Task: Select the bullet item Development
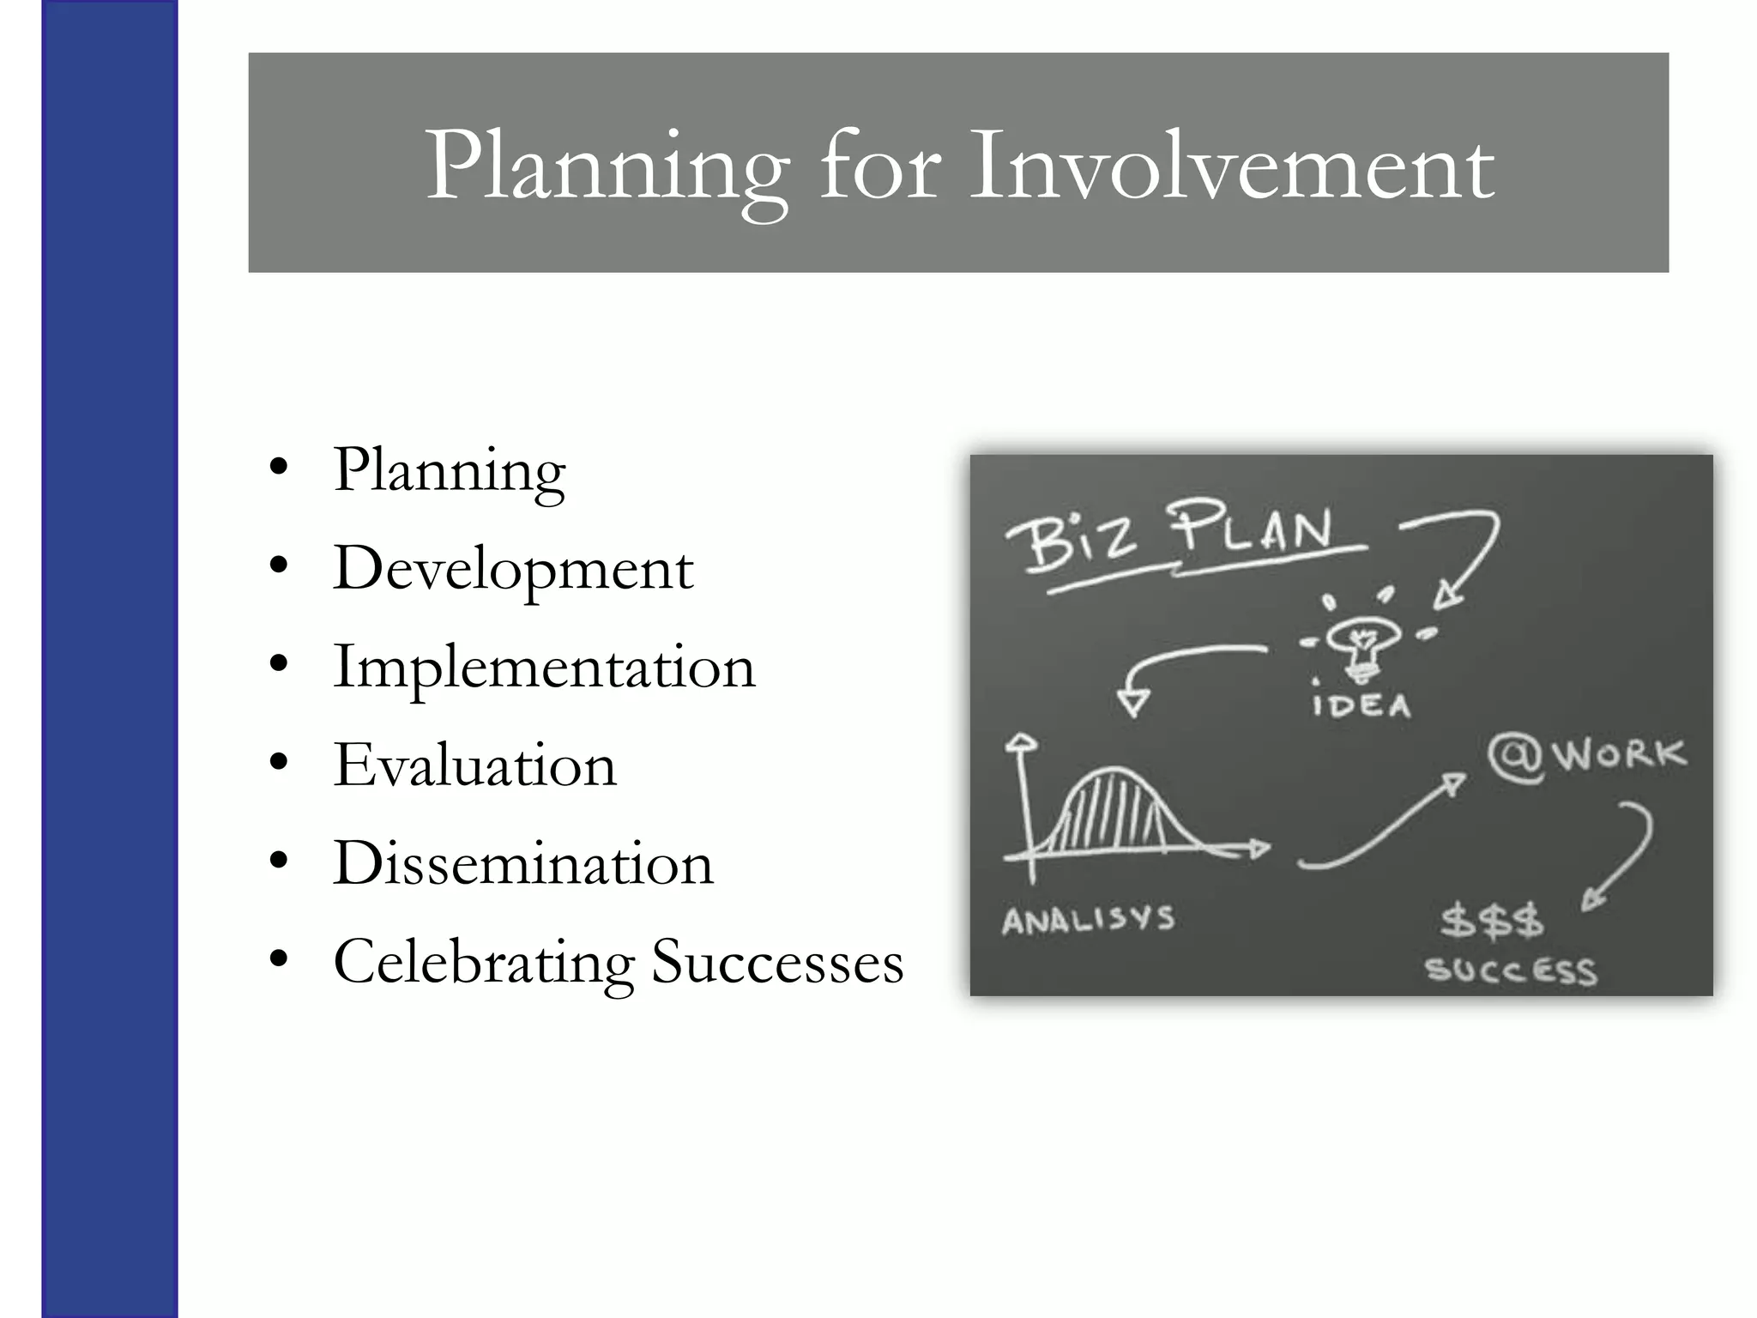[x=513, y=570]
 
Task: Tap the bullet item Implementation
[x=544, y=668]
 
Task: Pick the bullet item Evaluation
[x=474, y=765]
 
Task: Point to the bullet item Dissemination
[x=523, y=863]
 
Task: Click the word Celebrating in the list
[x=483, y=963]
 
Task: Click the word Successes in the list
[x=777, y=963]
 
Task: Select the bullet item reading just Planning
[x=450, y=471]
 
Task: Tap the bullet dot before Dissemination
[x=278, y=862]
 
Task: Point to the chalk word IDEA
[x=1362, y=706]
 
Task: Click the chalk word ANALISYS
[x=1088, y=921]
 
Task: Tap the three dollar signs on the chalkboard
[x=1492, y=921]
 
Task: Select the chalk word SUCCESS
[x=1511, y=971]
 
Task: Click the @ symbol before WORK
[x=1515, y=758]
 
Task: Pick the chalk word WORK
[x=1619, y=755]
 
